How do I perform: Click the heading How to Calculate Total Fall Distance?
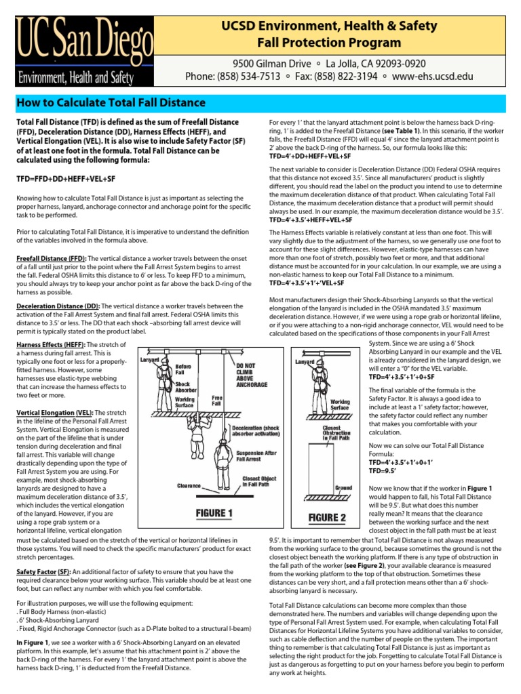point(111,103)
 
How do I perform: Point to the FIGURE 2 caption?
point(328,518)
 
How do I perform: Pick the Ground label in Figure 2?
point(343,487)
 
